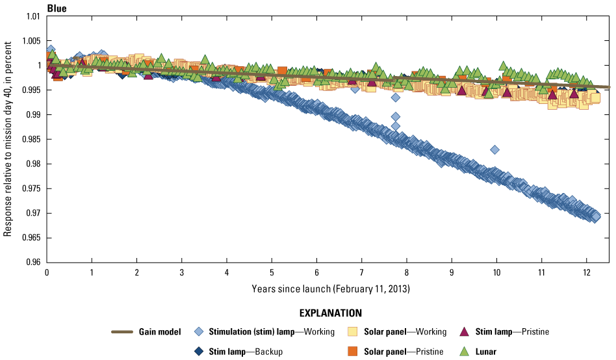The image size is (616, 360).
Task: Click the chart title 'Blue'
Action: click(57, 8)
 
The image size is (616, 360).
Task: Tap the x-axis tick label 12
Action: click(586, 272)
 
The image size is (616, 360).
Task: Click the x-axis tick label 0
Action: click(47, 272)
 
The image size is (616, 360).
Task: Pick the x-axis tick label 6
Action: click(316, 272)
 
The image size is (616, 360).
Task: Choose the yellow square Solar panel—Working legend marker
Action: click(352, 332)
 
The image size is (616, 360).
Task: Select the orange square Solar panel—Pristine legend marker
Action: click(352, 352)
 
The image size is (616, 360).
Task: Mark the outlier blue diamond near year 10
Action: click(495, 149)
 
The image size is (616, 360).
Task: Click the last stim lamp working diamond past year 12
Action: click(595, 216)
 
